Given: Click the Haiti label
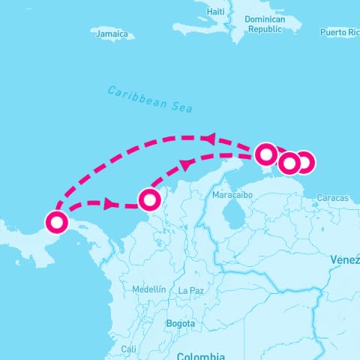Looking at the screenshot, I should pyautogui.click(x=215, y=12).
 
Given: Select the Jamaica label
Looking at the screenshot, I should pyautogui.click(x=112, y=34).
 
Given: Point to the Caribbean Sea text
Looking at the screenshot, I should pyautogui.click(x=150, y=99).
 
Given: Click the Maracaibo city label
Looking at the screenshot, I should pyautogui.click(x=230, y=195).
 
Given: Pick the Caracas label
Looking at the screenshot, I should pyautogui.click(x=332, y=198).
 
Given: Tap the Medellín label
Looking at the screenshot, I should pyautogui.click(x=148, y=289).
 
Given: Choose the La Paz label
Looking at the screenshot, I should pyautogui.click(x=191, y=290).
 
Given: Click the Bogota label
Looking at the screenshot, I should pyautogui.click(x=181, y=323).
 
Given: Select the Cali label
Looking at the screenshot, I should pyautogui.click(x=129, y=349).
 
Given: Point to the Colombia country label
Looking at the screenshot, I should pyautogui.click(x=200, y=355).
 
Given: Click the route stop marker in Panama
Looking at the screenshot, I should pyautogui.click(x=56, y=222).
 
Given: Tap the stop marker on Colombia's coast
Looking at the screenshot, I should pyautogui.click(x=150, y=199).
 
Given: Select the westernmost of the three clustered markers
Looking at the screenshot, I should pyautogui.click(x=266, y=154).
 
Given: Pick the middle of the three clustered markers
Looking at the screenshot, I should pyautogui.click(x=289, y=163).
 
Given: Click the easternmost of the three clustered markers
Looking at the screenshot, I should pyautogui.click(x=304, y=161).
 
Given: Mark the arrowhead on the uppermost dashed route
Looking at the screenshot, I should pyautogui.click(x=209, y=139).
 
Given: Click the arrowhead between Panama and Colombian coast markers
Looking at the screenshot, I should pyautogui.click(x=110, y=203).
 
